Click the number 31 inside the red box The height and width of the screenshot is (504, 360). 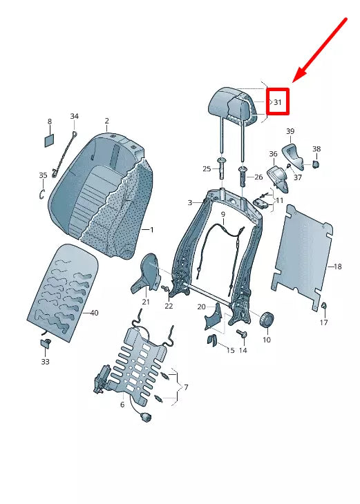coord(278,102)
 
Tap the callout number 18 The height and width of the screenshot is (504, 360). coord(337,266)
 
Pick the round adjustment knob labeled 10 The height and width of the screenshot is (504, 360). coord(267,320)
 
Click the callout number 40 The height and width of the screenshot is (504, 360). coord(95,313)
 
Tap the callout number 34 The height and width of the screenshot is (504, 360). coord(75,116)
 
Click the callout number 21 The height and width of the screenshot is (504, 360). coord(146,302)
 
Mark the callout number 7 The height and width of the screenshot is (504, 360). coord(185,389)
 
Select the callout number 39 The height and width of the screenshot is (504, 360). coord(290,131)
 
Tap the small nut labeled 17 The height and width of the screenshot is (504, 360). coord(324,307)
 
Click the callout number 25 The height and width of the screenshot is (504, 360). coord(206,169)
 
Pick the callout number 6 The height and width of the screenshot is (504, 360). coord(122,405)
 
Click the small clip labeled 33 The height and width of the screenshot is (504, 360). coord(46,343)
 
